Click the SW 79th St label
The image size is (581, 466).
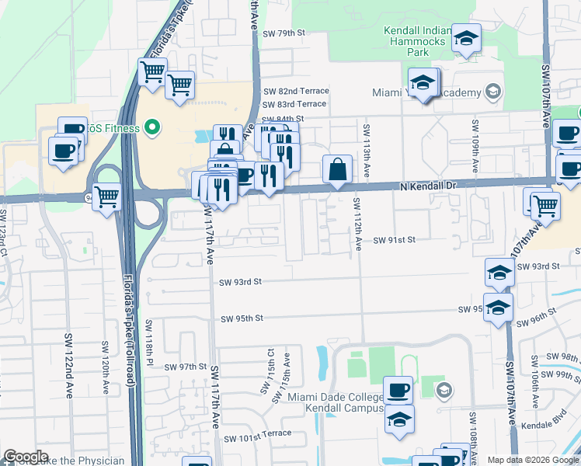click(x=285, y=33)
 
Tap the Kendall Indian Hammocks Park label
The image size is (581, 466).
click(x=418, y=41)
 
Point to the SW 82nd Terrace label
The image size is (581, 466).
click(x=295, y=91)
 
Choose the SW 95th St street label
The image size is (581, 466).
click(x=242, y=318)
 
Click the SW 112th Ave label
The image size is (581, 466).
click(x=358, y=224)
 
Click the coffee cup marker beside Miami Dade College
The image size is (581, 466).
click(x=398, y=389)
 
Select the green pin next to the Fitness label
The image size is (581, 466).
click(x=152, y=127)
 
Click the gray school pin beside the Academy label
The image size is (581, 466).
click(x=491, y=92)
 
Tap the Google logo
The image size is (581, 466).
click(x=26, y=457)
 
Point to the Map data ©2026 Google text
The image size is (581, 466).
click(x=532, y=460)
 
